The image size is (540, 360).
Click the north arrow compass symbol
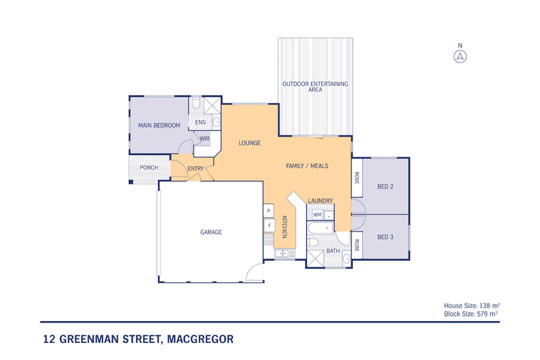460,56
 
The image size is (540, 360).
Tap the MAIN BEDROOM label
159,125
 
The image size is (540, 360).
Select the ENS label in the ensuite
200,123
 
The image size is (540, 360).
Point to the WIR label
204,139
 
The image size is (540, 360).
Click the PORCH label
149,168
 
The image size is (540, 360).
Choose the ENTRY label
195,169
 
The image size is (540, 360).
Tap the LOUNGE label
251,143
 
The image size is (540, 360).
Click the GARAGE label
211,232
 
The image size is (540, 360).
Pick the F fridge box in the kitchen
269,225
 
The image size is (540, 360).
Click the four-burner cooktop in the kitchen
269,240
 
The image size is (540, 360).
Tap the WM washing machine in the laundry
317,214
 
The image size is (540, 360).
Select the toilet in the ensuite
196,104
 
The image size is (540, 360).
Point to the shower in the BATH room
316,258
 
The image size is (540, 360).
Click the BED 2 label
386,186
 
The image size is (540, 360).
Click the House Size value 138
485,305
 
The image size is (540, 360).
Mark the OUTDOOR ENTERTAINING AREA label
315,86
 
